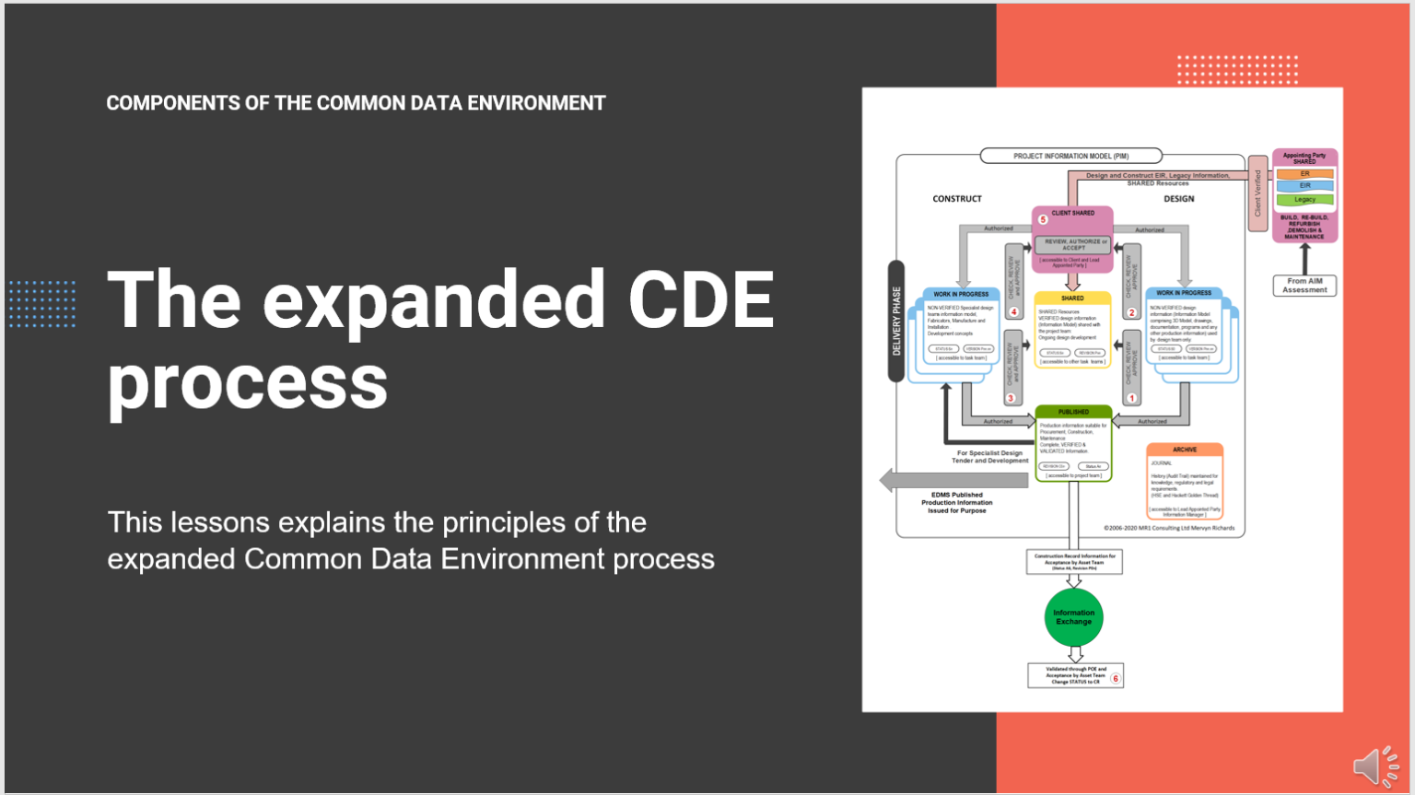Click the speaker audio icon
(x=1375, y=766)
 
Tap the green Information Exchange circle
(x=1073, y=617)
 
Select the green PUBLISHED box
(x=1073, y=443)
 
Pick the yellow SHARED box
(x=1072, y=330)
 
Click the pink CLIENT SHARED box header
(x=1072, y=213)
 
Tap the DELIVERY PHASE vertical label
(x=895, y=321)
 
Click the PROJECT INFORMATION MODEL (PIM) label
(x=1070, y=156)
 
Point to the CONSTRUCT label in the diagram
(x=957, y=199)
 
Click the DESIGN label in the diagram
(x=1178, y=199)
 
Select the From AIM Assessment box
(x=1304, y=286)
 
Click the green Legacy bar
(x=1304, y=199)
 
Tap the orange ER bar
(x=1304, y=173)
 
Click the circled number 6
(x=1115, y=679)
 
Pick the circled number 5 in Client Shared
(x=1043, y=219)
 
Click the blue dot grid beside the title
(x=42, y=304)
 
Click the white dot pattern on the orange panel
(x=1237, y=69)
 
